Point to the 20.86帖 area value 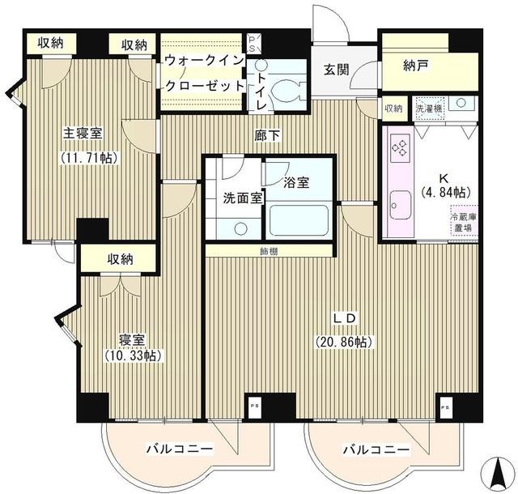[344, 342]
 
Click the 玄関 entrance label [337, 70]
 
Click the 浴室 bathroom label [295, 182]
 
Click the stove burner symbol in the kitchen [401, 146]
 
